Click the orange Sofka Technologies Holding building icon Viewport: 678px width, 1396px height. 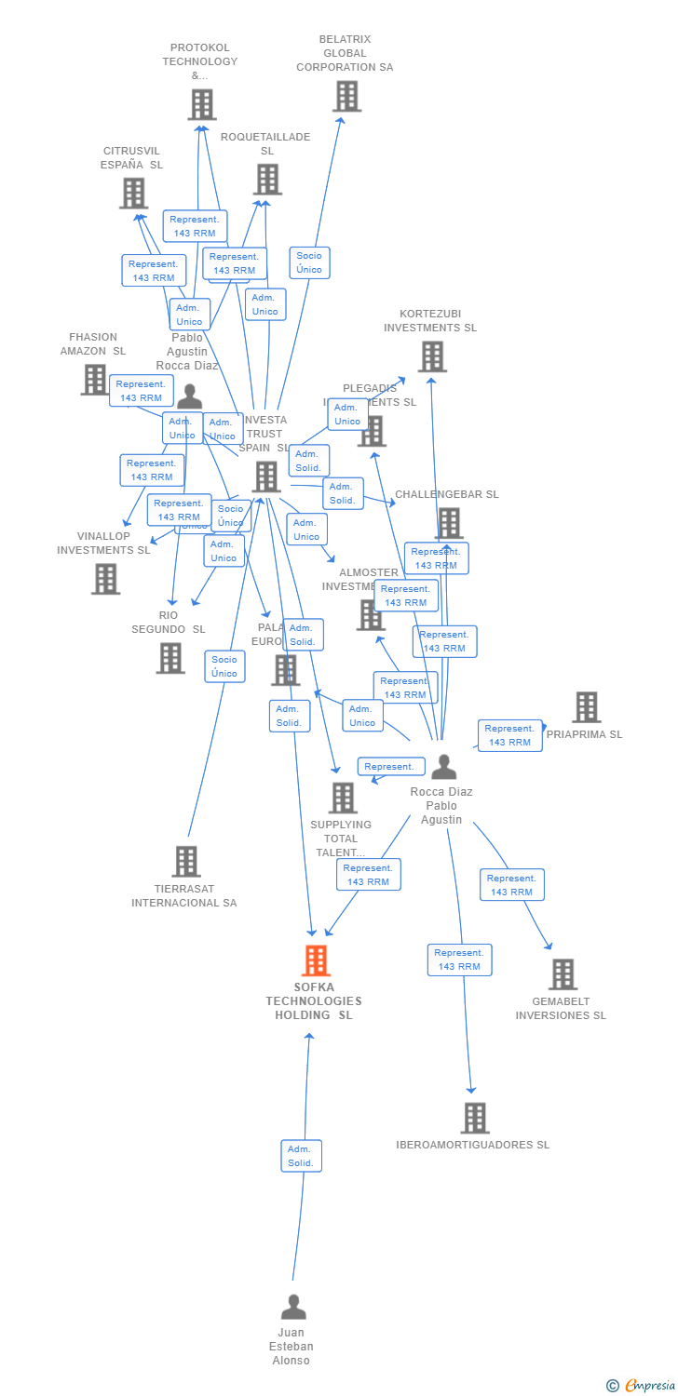tap(317, 960)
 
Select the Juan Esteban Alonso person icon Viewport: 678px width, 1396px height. tap(293, 1307)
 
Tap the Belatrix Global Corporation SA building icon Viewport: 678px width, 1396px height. tap(346, 96)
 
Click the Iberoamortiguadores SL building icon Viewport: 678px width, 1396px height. tap(475, 1117)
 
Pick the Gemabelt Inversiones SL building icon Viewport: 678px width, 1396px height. tap(563, 973)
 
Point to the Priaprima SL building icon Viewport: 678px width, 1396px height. tap(586, 707)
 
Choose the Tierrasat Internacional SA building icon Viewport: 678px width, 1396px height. tap(186, 861)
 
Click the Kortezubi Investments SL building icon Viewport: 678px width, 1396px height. tap(431, 356)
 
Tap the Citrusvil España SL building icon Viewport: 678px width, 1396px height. tap(133, 193)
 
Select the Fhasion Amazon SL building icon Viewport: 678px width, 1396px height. tap(94, 379)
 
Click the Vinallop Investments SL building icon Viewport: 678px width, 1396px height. tap(105, 578)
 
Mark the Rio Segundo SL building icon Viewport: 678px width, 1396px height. tap(169, 658)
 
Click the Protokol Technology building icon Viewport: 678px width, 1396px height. tap(201, 104)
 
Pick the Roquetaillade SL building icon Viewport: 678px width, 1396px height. tap(267, 179)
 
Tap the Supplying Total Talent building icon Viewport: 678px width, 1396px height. tap(343, 798)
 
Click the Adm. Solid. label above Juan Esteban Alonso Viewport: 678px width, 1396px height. tap(301, 1156)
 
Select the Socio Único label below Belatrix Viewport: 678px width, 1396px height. tap(309, 262)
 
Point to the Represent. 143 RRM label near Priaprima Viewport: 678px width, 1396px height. tap(509, 735)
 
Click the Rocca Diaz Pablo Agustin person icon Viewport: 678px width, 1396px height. tap(444, 767)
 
